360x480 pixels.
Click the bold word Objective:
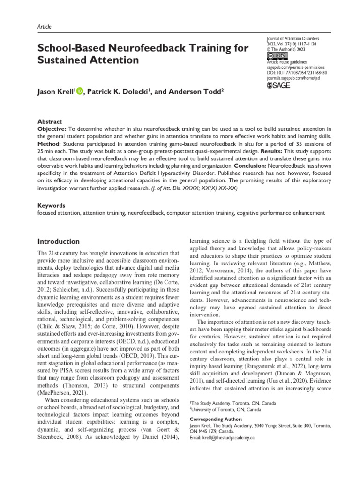[x=52, y=128]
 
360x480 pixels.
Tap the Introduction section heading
[x=58, y=241]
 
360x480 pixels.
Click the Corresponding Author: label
[x=215, y=419]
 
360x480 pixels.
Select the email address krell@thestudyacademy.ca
[x=227, y=437]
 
